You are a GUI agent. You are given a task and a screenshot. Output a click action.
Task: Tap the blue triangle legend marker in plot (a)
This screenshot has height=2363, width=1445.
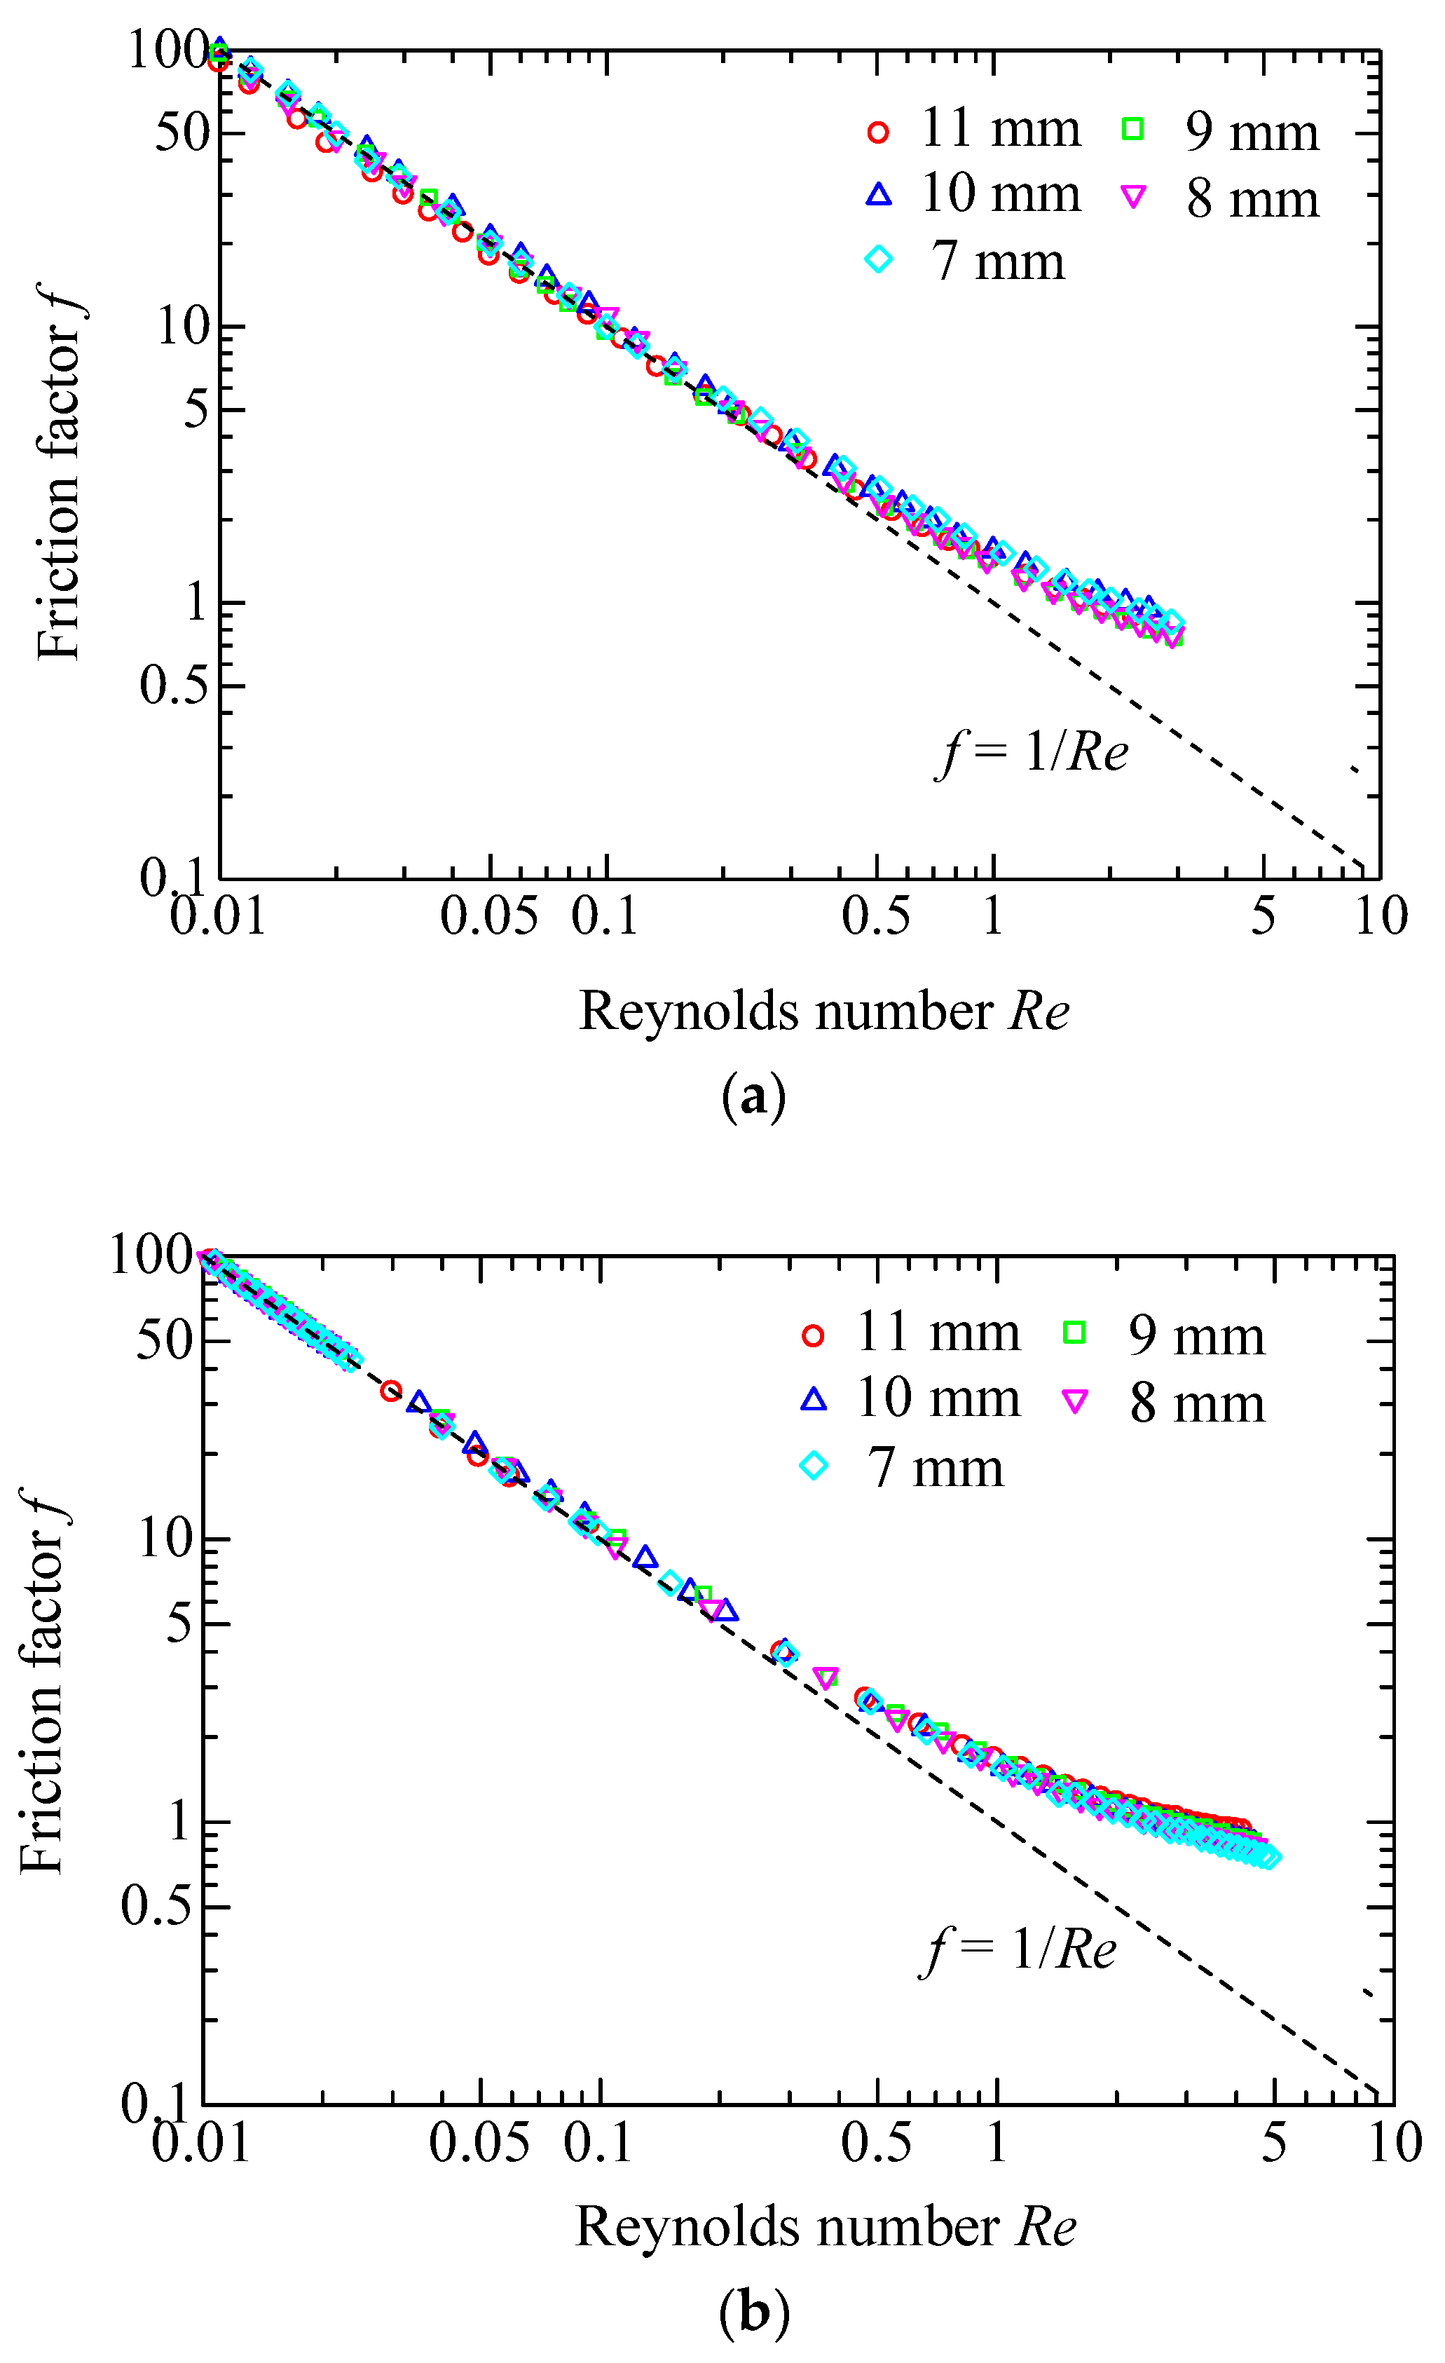[878, 195]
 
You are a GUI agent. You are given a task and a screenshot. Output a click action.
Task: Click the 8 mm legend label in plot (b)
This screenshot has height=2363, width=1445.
[1198, 1403]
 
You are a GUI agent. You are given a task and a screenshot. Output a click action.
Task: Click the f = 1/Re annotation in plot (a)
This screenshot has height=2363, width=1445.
[1033, 752]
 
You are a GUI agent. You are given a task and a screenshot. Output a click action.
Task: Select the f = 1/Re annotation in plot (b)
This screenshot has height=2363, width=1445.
[1020, 1949]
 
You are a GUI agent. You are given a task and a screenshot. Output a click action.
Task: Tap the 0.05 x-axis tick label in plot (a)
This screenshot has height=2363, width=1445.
[490, 916]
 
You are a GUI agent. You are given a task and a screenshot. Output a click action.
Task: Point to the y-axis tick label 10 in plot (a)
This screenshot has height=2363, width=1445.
[182, 327]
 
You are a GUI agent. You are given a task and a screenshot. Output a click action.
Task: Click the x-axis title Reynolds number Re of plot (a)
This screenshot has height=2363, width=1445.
[823, 1012]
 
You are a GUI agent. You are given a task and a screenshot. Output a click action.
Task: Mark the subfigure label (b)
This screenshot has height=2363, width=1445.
[753, 2312]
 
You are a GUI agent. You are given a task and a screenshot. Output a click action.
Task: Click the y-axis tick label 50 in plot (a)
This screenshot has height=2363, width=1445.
[182, 132]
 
